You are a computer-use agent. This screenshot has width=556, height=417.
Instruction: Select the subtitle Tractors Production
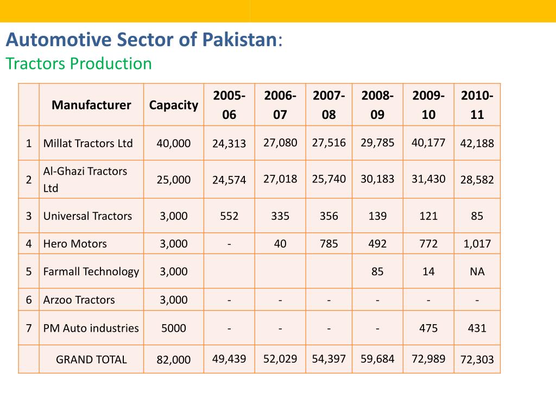pyautogui.click(x=79, y=64)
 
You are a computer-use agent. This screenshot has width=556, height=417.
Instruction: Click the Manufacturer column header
pyautogui.click(x=91, y=105)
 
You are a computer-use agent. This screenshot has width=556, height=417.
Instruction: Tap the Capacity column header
pyautogui.click(x=174, y=105)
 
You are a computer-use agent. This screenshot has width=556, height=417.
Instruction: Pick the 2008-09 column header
pyautogui.click(x=377, y=105)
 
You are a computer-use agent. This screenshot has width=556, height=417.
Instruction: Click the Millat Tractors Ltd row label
pyautogui.click(x=88, y=143)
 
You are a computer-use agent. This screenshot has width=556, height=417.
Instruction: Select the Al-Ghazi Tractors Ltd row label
pyautogui.click(x=85, y=179)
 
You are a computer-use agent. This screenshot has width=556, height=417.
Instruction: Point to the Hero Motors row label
pyautogui.click(x=75, y=244)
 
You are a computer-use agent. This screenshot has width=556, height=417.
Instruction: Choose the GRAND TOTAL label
pyautogui.click(x=91, y=359)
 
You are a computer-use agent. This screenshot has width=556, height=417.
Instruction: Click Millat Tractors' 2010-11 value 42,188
pyautogui.click(x=477, y=143)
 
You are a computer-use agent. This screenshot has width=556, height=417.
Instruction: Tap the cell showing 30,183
pyautogui.click(x=377, y=179)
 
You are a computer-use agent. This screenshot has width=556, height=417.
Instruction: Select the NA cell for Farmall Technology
pyautogui.click(x=477, y=271)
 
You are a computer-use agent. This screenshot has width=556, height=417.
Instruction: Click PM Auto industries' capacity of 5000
pyautogui.click(x=174, y=328)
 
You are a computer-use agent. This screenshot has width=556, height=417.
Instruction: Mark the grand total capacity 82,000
pyautogui.click(x=174, y=359)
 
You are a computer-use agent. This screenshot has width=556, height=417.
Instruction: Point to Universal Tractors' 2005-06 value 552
pyautogui.click(x=229, y=216)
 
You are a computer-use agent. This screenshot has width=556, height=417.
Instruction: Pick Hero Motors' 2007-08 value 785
pyautogui.click(x=328, y=244)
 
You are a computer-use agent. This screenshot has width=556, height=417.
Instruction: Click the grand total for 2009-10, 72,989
pyautogui.click(x=428, y=359)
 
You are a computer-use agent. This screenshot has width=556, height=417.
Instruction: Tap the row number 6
pyautogui.click(x=29, y=300)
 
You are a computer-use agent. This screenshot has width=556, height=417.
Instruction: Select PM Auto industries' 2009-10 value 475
pyautogui.click(x=428, y=328)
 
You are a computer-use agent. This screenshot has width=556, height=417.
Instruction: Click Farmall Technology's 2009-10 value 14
pyautogui.click(x=428, y=271)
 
